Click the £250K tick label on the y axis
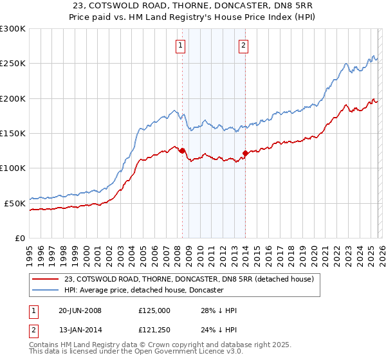point(12,64)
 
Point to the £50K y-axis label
point(15,203)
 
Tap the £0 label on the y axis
point(19,238)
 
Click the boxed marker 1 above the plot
point(180,46)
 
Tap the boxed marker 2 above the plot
point(244,46)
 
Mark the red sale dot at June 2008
point(182,150)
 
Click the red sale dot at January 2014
point(245,153)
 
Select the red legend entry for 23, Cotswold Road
point(188,279)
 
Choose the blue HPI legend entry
point(143,291)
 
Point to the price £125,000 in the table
point(154,310)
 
